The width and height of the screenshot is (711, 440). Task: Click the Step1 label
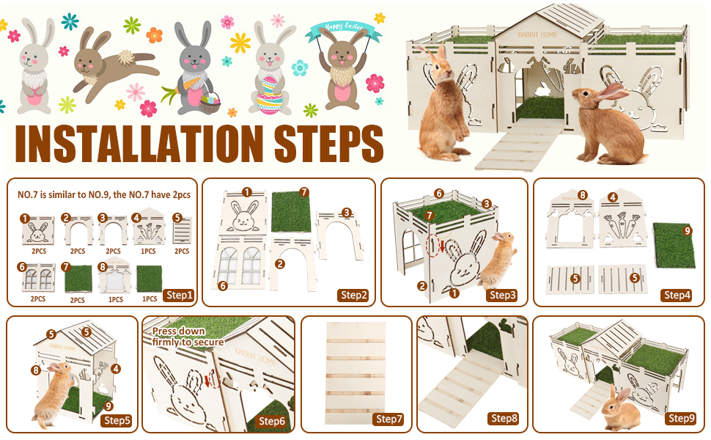click(x=178, y=296)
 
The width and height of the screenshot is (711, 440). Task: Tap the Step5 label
click(x=117, y=420)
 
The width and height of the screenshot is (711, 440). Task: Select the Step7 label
click(x=389, y=419)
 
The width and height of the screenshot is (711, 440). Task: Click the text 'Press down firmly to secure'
click(x=188, y=337)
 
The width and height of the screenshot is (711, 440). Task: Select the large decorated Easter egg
click(x=269, y=93)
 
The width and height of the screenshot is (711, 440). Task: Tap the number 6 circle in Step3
click(x=438, y=194)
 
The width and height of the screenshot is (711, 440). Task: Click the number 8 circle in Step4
click(x=583, y=196)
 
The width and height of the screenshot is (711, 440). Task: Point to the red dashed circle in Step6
click(x=213, y=379)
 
